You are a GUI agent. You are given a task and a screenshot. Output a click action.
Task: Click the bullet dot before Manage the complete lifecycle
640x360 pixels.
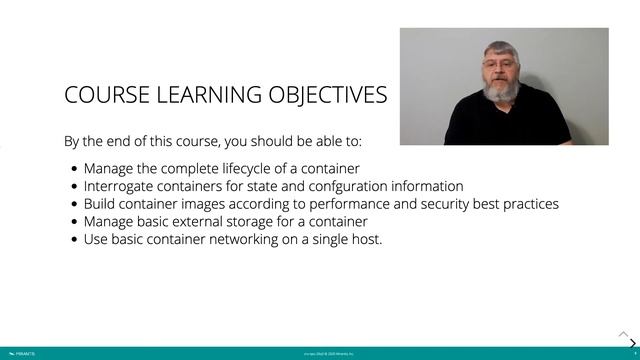[76, 169]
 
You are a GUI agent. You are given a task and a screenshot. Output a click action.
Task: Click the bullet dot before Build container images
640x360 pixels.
[76, 205]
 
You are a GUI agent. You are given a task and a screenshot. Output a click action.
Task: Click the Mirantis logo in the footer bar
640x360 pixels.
[19, 353]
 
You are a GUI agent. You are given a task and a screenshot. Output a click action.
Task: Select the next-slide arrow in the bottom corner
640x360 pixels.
[632, 343]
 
